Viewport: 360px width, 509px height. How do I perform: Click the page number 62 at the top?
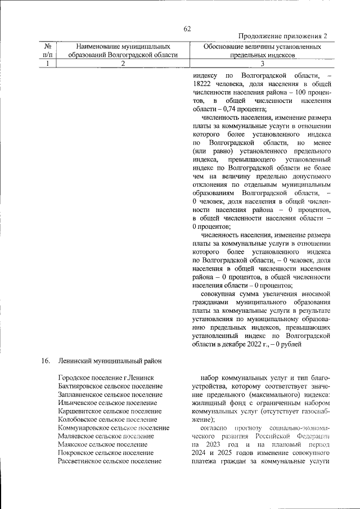(187, 29)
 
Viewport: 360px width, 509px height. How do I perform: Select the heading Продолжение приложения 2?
(283, 37)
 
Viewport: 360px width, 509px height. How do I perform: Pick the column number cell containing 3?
(262, 64)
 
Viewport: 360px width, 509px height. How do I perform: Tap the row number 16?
(46, 361)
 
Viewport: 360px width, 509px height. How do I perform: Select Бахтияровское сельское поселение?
(110, 386)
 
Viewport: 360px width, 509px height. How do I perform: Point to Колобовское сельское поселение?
(107, 420)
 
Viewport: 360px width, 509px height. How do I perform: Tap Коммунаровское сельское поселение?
(114, 428)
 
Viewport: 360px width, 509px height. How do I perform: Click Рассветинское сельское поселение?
(110, 462)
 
